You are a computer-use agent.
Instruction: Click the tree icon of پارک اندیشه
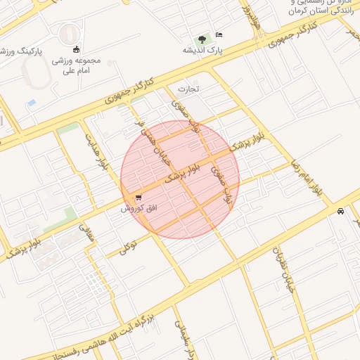pos(202,39)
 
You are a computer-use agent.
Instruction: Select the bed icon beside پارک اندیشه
pos(219,34)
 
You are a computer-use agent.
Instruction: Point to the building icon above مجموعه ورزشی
pos(77,49)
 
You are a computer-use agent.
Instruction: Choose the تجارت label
pos(188,89)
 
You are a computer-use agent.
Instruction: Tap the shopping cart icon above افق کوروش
pos(138,198)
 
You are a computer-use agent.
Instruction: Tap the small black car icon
pos(341,212)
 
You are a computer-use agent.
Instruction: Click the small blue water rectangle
pos(31,103)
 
